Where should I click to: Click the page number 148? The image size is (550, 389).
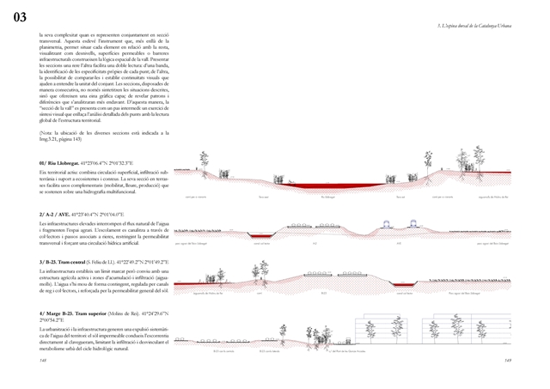43,361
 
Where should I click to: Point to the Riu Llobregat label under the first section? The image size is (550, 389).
327,197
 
